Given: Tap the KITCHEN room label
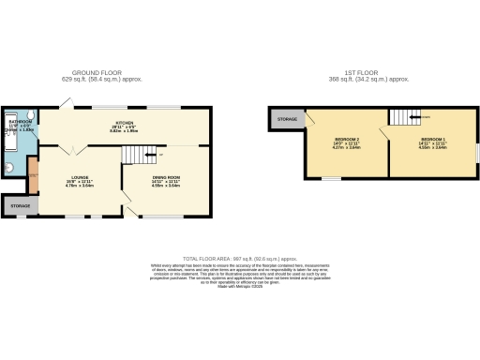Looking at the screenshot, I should pyautogui.click(x=125, y=123).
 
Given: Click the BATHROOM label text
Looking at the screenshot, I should pyautogui.click(x=20, y=122).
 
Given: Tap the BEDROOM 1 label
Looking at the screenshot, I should pyautogui.click(x=432, y=140).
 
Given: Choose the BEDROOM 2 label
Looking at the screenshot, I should pyautogui.click(x=347, y=140).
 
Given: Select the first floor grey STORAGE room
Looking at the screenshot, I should pyautogui.click(x=286, y=119).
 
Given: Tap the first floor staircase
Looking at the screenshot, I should pyautogui.click(x=404, y=116).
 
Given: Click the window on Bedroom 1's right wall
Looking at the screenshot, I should pyautogui.click(x=476, y=151).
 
